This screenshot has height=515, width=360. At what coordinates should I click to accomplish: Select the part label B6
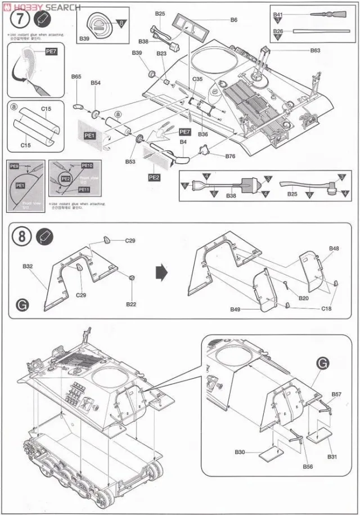[234, 20]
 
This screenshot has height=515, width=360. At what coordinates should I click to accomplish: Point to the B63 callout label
[315, 50]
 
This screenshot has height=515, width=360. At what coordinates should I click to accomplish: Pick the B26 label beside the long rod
[278, 31]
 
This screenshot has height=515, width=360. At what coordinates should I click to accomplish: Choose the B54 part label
[96, 83]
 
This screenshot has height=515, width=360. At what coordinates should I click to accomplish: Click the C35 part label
[197, 79]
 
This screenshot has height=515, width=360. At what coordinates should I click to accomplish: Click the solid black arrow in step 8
[162, 272]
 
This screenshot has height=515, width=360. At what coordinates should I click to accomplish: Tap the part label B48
[334, 248]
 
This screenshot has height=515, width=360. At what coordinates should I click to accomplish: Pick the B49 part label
[235, 310]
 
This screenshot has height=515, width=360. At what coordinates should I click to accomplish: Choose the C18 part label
[327, 309]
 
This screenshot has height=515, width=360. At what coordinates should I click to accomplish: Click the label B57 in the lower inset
[336, 394]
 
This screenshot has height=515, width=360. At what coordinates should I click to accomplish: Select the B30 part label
[240, 452]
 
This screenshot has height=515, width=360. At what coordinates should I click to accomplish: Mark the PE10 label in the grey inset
[87, 166]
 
